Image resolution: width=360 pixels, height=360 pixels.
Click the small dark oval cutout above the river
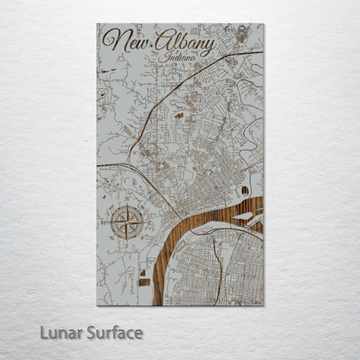point(245,190)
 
